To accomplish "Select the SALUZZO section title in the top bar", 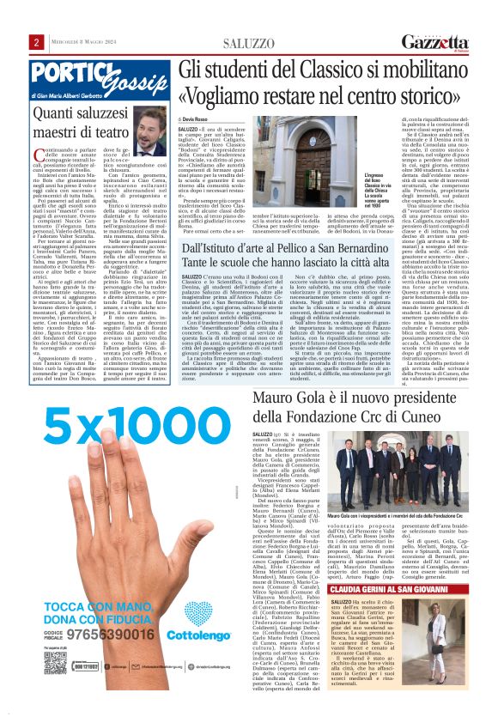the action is click(x=248, y=42).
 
